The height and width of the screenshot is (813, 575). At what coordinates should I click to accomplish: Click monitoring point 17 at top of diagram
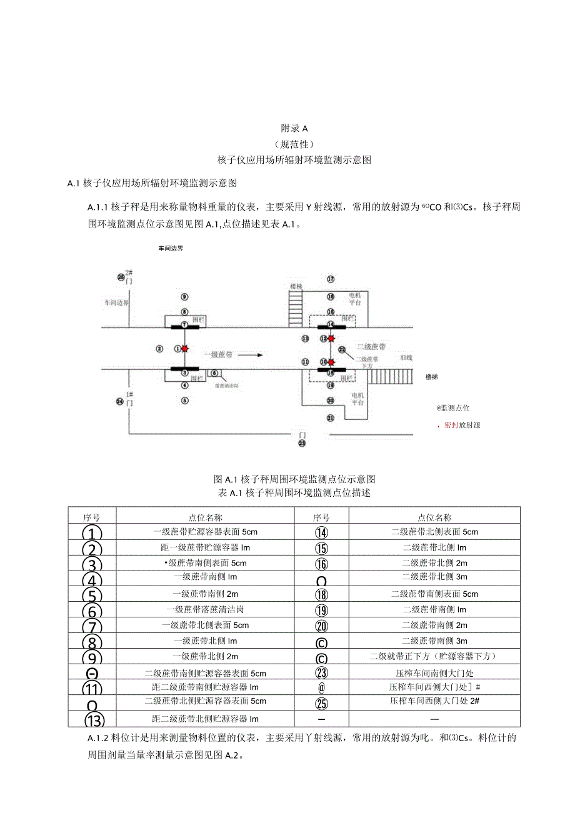click(331, 279)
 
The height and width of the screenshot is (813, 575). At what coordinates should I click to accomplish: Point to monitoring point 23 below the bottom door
click(302, 443)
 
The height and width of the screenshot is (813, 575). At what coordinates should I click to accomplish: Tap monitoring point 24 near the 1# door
click(120, 401)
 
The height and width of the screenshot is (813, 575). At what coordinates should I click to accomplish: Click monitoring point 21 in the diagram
click(331, 417)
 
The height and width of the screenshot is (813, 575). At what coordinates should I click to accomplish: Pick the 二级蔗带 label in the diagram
click(371, 346)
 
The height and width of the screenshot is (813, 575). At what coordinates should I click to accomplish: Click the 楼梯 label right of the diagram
click(432, 377)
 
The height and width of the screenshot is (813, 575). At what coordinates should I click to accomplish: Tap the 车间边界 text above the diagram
click(171, 248)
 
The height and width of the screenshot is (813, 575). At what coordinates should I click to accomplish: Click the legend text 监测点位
click(455, 407)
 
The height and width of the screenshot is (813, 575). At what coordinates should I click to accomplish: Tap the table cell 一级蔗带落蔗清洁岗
click(205, 609)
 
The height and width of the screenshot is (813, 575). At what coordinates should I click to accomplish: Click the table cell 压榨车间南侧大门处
click(434, 673)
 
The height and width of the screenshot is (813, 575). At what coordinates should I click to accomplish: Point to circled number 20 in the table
click(322, 626)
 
